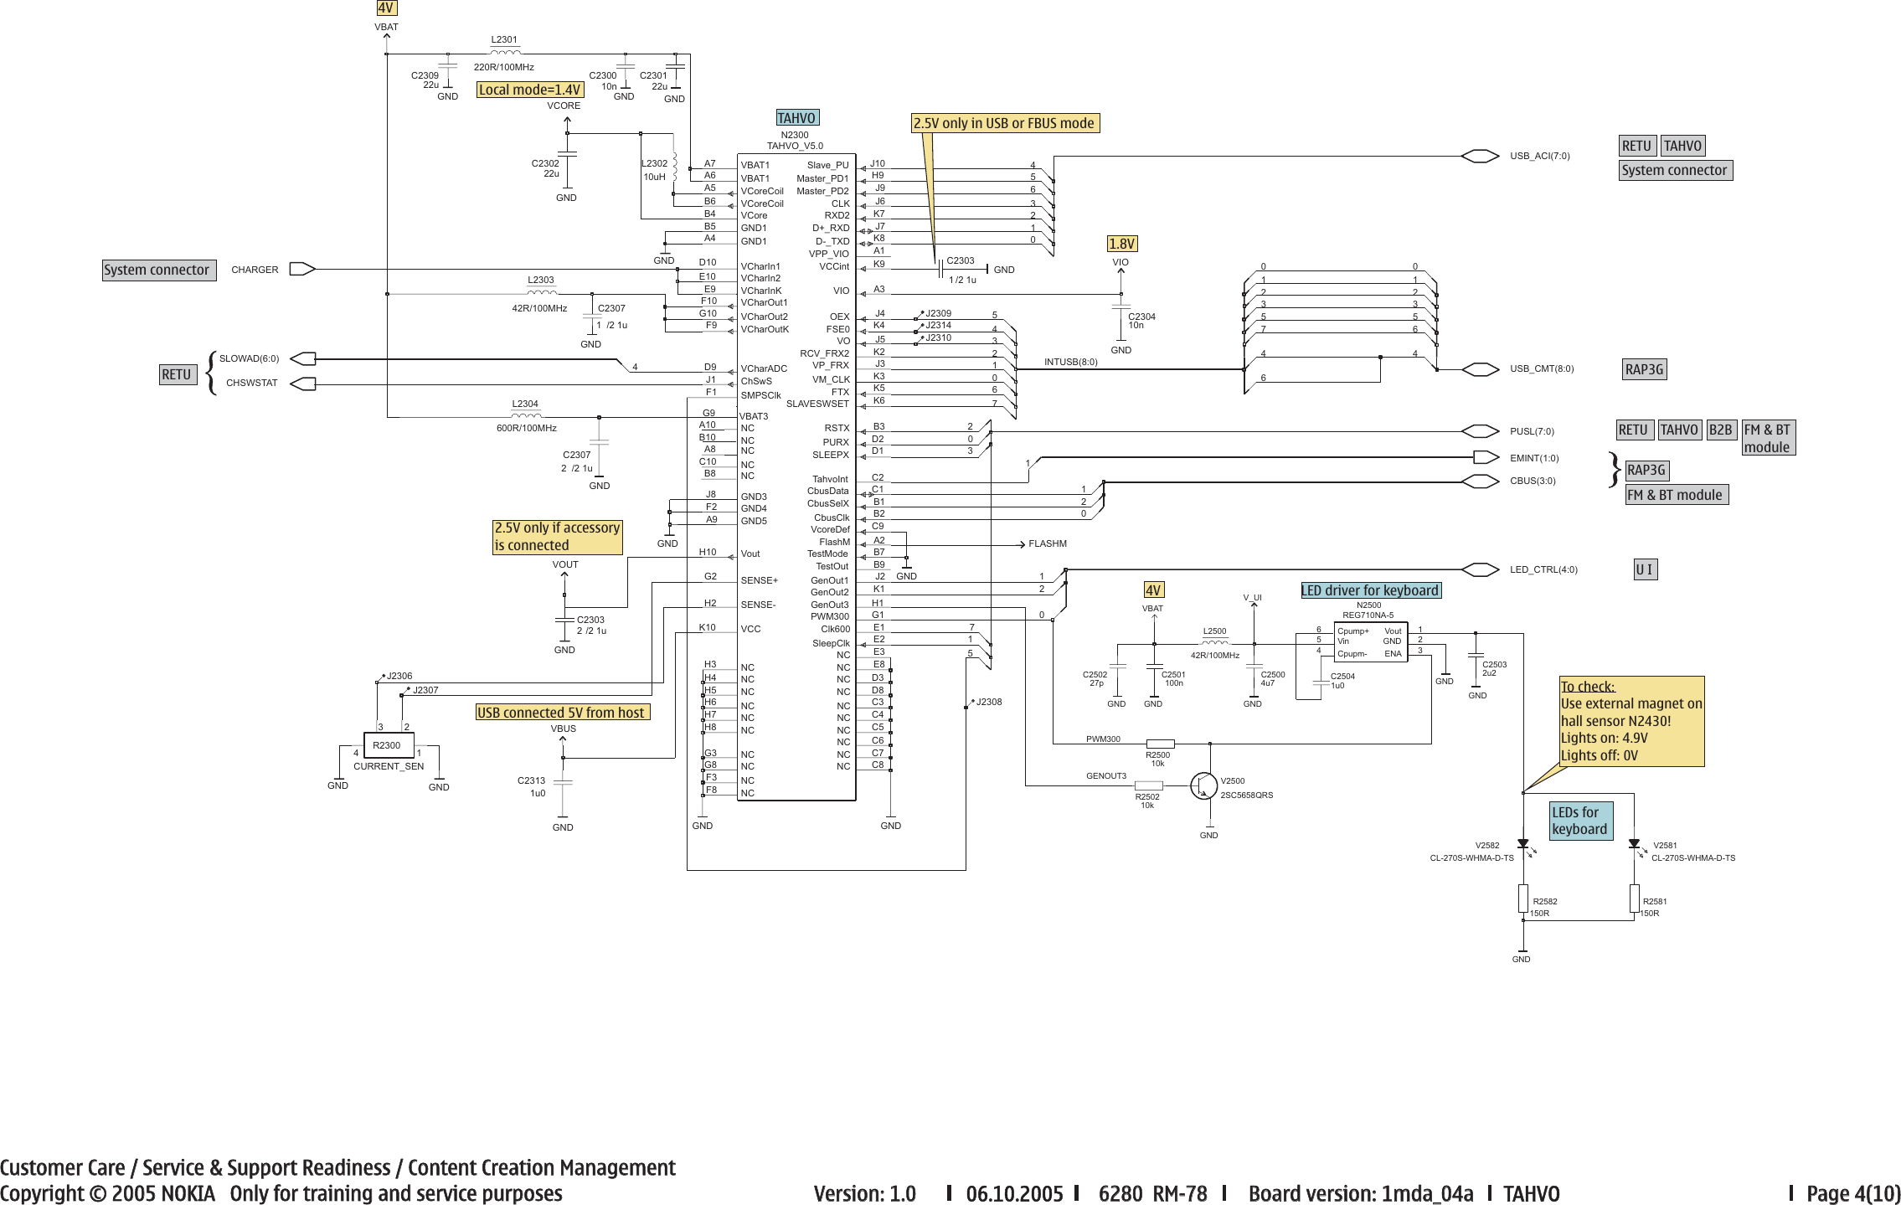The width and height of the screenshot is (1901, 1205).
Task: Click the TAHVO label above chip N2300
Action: (796, 118)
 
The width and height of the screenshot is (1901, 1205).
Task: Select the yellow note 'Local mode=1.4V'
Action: (529, 90)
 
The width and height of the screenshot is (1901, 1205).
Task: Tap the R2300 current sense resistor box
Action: (387, 744)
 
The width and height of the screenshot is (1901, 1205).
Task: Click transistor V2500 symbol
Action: (1204, 785)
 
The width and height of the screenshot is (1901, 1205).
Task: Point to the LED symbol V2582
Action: (1522, 845)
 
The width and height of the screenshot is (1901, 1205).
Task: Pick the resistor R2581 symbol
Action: (1634, 899)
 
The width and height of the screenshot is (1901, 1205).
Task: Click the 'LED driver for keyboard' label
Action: (1370, 590)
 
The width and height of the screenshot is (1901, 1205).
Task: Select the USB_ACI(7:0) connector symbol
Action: (1479, 156)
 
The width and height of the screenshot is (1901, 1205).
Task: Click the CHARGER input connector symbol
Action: (301, 269)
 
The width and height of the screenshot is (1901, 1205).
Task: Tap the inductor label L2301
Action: (504, 39)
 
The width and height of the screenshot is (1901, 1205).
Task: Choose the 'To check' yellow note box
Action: (1631, 721)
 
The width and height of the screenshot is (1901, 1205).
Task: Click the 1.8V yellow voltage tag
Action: (1121, 244)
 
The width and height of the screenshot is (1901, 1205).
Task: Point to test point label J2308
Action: (989, 702)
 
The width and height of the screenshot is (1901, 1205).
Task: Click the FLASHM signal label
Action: (1047, 543)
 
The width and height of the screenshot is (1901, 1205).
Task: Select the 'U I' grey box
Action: (1645, 569)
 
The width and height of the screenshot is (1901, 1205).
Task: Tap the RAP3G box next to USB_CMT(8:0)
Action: (1645, 369)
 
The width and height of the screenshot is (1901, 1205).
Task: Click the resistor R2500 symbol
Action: (1160, 744)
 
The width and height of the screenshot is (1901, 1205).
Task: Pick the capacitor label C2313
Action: (531, 780)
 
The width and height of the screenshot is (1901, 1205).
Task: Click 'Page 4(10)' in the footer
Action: (1852, 1193)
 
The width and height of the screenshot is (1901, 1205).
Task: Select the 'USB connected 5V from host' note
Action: (561, 713)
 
